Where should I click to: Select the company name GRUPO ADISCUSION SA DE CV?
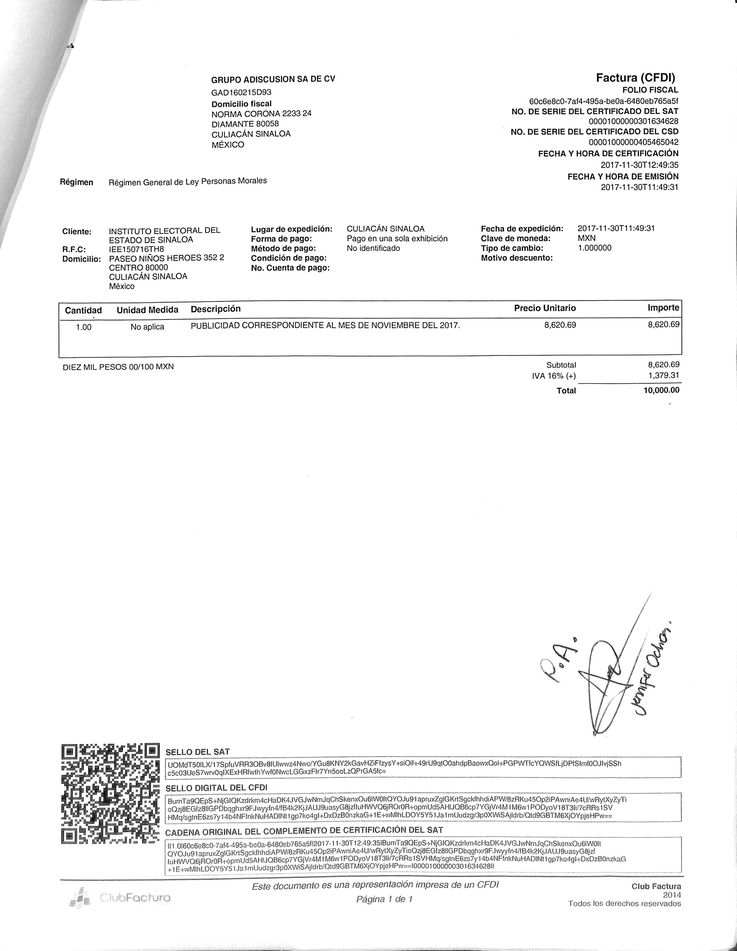273,79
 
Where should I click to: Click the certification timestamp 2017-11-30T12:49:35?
639,165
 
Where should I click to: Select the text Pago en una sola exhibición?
397,239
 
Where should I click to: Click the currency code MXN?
587,238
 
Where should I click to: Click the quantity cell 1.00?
84,327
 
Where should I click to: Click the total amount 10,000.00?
661,390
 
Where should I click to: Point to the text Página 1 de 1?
384,899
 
